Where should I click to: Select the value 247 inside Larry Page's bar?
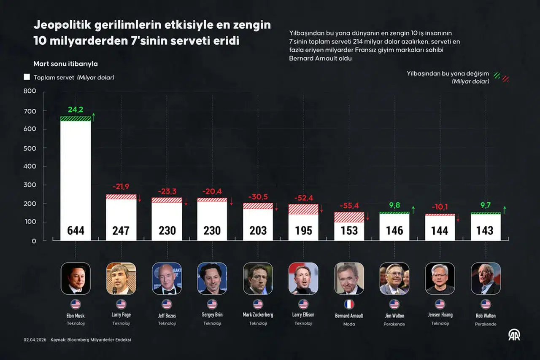(121, 231)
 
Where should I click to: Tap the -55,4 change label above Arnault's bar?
(349, 206)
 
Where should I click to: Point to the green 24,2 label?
(76, 110)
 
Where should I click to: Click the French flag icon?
(349, 304)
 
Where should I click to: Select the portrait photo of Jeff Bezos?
(167, 278)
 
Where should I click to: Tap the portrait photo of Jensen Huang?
(440, 278)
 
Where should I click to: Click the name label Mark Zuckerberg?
(258, 315)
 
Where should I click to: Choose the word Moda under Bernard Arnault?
(349, 324)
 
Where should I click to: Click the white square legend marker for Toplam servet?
(27, 77)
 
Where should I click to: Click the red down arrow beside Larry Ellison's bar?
(321, 208)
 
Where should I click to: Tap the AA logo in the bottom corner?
(514, 335)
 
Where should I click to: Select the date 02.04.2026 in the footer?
(35, 340)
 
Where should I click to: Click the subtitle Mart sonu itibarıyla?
(65, 64)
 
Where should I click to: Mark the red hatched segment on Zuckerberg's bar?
(258, 206)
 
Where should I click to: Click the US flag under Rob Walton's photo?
(486, 304)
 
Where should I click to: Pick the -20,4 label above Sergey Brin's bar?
(212, 192)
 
